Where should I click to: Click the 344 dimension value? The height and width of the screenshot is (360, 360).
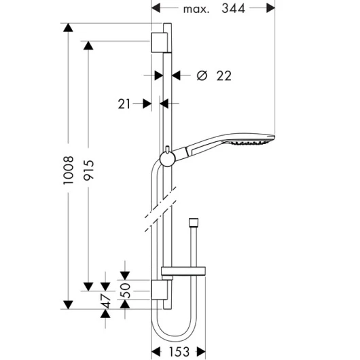233,9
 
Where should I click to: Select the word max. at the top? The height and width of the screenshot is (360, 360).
196,10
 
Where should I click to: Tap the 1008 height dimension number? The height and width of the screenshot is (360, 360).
69,170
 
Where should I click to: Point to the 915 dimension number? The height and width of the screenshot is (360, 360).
88,170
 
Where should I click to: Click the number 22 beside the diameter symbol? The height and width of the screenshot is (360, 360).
224,76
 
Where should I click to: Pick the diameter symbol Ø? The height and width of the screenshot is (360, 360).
202,75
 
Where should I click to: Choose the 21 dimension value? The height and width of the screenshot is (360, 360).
124,104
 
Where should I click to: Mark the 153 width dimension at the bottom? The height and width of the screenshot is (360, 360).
179,351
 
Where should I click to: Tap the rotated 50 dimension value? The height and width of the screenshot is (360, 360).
126,291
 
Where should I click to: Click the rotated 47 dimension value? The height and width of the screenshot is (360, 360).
106,301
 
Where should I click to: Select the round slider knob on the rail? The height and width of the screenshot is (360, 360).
168,159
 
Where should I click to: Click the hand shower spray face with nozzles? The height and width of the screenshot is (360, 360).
249,143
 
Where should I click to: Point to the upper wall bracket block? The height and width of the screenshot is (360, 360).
159,43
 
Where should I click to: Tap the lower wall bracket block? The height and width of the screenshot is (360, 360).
159,290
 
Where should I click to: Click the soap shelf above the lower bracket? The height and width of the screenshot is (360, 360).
183,271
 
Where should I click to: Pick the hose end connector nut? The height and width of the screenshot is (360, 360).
194,221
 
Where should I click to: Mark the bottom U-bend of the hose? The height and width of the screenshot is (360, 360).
174,339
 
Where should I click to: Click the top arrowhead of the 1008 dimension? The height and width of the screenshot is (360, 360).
68,28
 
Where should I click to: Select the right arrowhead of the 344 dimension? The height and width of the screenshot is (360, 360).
271,8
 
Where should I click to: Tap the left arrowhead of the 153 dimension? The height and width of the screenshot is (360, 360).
156,351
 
